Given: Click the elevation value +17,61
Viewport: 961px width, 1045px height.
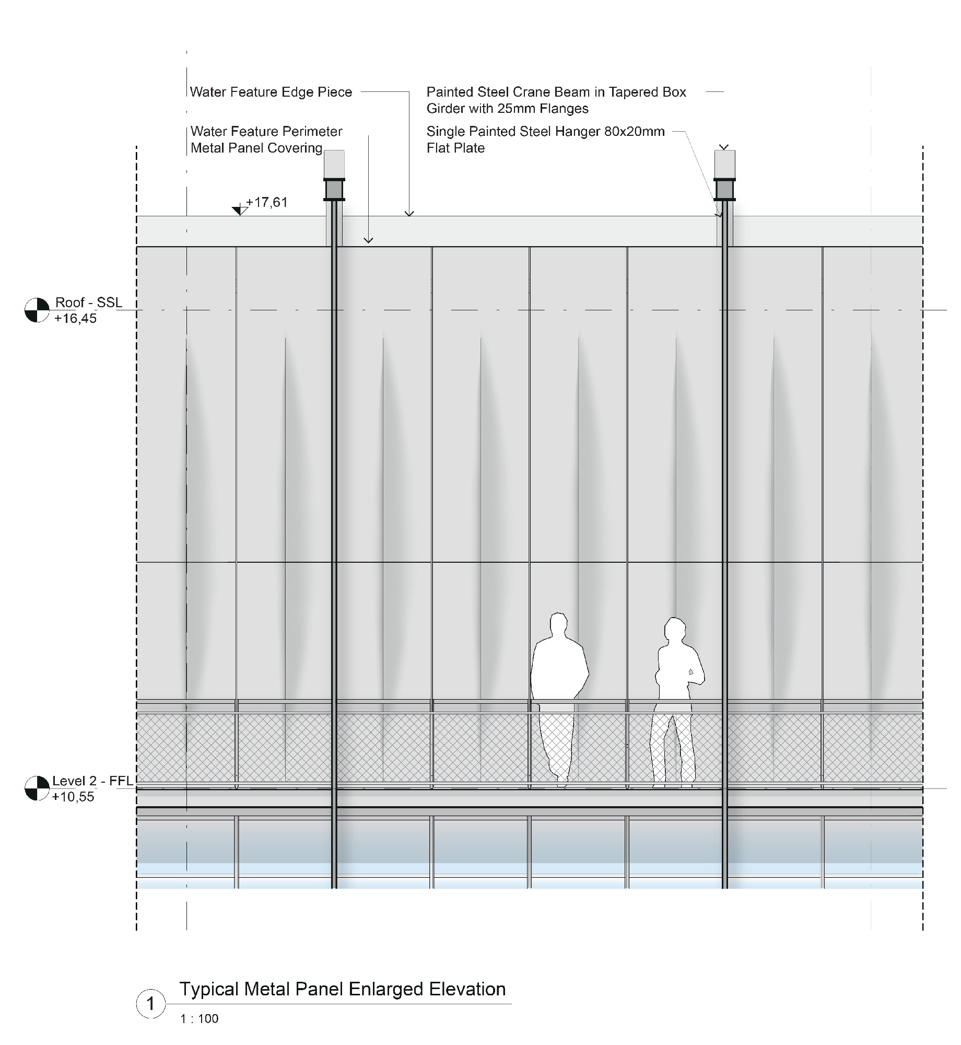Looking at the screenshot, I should click(x=267, y=202).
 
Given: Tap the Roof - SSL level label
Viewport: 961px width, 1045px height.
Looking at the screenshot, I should click(x=89, y=303).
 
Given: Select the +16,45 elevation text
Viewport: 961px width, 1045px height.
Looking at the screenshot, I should click(x=76, y=318).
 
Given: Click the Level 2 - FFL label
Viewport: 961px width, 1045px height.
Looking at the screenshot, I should click(x=92, y=781).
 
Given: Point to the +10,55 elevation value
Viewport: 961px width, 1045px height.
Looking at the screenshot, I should click(x=73, y=797).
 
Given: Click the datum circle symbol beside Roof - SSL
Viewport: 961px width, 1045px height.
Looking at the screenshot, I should click(x=37, y=310).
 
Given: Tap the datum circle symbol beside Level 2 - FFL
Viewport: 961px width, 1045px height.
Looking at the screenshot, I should click(x=37, y=788).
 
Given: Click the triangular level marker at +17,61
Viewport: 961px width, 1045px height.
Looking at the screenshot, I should click(x=240, y=211).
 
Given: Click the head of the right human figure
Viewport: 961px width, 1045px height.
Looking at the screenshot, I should click(x=675, y=630).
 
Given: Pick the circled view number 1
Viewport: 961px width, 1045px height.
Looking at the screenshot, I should click(x=151, y=1004).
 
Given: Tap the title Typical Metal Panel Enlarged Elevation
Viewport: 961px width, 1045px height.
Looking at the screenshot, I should click(x=343, y=989).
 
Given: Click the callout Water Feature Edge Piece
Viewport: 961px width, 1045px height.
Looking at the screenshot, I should click(x=271, y=92).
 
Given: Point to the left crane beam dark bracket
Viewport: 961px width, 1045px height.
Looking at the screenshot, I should click(x=334, y=190).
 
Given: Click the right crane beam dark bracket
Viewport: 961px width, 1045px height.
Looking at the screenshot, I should click(x=725, y=190).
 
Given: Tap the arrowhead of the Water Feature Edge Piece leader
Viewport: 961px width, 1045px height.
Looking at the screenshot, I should click(x=409, y=213).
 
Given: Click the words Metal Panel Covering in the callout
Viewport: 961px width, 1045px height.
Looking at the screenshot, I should click(x=256, y=148).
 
